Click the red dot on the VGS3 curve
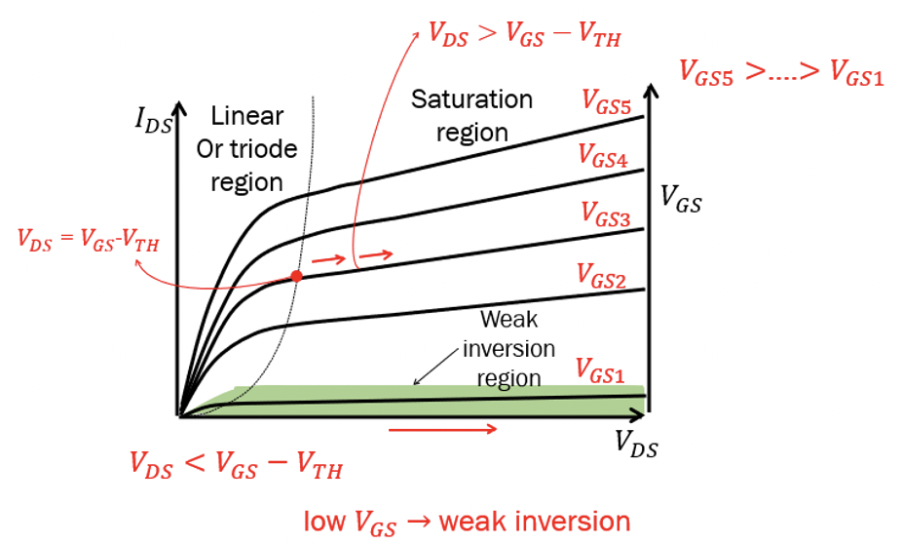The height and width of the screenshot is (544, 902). coord(296,276)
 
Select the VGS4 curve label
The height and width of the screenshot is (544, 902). coord(603,155)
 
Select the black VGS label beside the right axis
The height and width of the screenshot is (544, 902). coord(681,203)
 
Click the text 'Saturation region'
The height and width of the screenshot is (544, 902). coord(471,114)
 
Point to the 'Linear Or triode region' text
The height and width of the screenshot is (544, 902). coord(246,149)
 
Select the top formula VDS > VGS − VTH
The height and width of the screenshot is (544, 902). coord(524,34)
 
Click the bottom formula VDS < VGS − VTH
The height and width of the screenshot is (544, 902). coord(236,465)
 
